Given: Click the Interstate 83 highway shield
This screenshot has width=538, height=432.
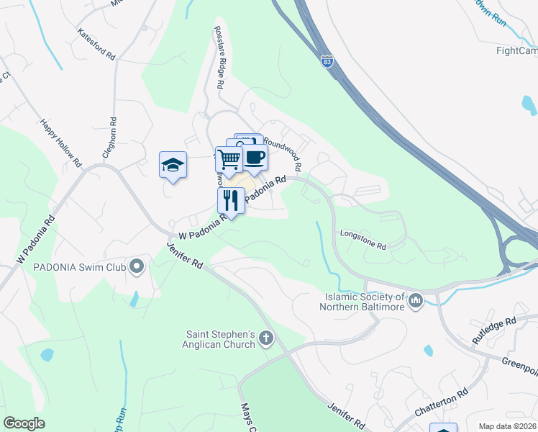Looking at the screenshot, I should click(327, 62).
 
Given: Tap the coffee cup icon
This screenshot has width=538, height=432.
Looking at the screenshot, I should click(255, 156).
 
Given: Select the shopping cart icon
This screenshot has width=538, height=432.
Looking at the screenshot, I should click(229, 159).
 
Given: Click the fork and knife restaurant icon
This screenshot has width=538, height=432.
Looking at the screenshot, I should click(230, 199).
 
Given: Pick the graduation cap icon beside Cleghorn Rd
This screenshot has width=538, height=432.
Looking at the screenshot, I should click(173, 165).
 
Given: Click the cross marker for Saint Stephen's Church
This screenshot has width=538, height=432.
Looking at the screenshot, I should click(266, 338).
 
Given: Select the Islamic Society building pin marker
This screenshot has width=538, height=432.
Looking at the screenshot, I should click(415, 300).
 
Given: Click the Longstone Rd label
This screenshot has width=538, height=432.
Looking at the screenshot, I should click(363, 239).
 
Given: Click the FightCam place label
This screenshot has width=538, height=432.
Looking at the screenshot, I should click(516, 50).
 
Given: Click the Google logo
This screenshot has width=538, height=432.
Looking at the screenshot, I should click(24, 423).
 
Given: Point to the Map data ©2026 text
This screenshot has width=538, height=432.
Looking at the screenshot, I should click(506, 426).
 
